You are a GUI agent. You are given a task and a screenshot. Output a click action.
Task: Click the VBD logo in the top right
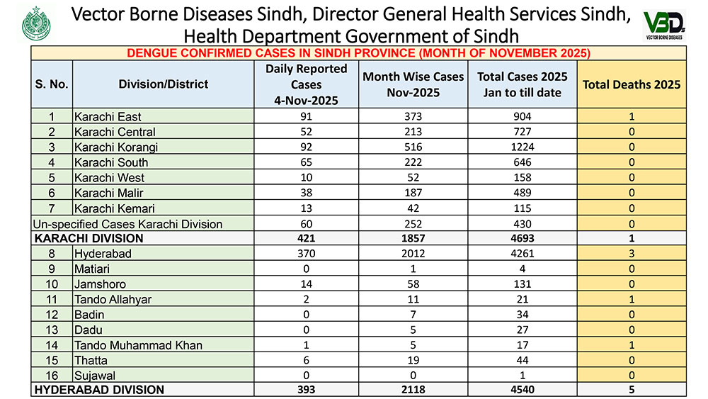click(663, 25)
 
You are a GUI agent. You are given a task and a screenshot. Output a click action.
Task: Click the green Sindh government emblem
click(36, 25)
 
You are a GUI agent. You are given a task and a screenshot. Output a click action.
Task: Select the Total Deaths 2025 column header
click(631, 84)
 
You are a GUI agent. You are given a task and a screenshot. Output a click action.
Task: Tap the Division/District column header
click(164, 84)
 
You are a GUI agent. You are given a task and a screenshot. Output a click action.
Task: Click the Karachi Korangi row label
click(116, 147)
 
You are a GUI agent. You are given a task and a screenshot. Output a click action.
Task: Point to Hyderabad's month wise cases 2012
click(413, 254)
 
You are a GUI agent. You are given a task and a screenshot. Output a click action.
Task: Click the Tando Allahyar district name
click(113, 300)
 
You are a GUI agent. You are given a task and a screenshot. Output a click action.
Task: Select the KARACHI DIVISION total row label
click(81, 239)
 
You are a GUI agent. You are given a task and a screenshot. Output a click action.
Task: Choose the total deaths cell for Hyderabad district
click(631, 254)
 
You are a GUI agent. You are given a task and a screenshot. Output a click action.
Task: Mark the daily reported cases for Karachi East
click(306, 117)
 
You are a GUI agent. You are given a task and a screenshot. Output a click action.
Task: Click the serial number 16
click(52, 375)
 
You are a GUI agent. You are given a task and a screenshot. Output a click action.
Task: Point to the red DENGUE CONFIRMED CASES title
click(358, 53)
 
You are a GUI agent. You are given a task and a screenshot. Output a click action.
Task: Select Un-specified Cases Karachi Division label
click(128, 224)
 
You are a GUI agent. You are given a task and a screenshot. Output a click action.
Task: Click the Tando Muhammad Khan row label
click(138, 345)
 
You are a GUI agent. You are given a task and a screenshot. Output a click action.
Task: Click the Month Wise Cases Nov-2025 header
click(413, 84)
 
